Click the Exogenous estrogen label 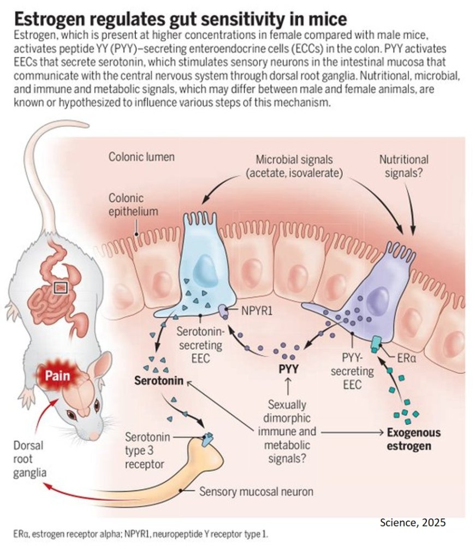click(x=413, y=439)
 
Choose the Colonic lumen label click(x=141, y=157)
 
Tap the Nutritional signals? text click(x=403, y=166)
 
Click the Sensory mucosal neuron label click(x=256, y=491)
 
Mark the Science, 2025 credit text click(x=413, y=522)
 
